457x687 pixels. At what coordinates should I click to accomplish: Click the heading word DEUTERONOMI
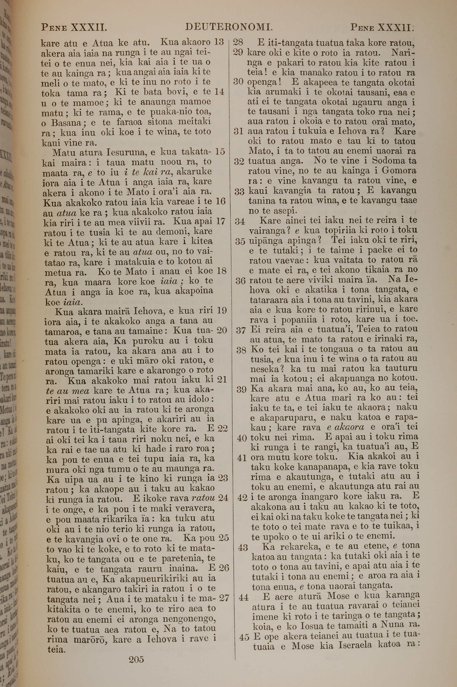[229, 27]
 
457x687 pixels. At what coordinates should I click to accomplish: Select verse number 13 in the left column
[219, 42]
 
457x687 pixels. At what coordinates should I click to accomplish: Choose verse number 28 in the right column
[238, 42]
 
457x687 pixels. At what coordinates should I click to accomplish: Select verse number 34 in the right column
[240, 222]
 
